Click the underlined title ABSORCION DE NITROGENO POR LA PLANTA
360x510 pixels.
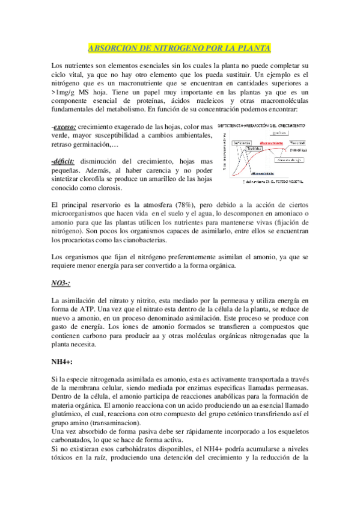coord(180,48)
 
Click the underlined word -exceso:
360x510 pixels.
coord(64,127)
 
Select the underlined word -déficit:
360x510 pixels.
coord(65,162)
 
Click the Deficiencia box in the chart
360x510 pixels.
coord(240,142)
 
